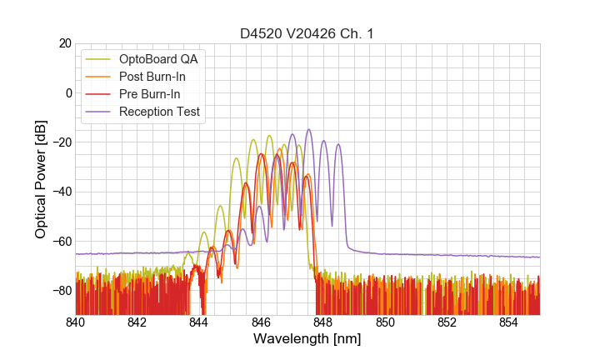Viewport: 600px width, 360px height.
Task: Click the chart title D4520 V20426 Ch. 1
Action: (307, 33)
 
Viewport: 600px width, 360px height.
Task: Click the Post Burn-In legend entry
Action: (152, 77)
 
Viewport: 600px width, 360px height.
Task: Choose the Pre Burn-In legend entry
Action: (149, 94)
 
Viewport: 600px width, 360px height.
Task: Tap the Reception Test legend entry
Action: (159, 112)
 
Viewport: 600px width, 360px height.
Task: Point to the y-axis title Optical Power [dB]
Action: (41, 179)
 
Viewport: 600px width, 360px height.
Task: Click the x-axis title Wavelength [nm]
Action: (307, 339)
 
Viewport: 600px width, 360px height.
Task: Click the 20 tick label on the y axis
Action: (62, 43)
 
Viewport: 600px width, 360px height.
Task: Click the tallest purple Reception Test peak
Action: (308, 130)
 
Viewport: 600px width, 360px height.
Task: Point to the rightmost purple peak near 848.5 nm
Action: (338, 145)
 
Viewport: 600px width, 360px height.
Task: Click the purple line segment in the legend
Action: (99, 112)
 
